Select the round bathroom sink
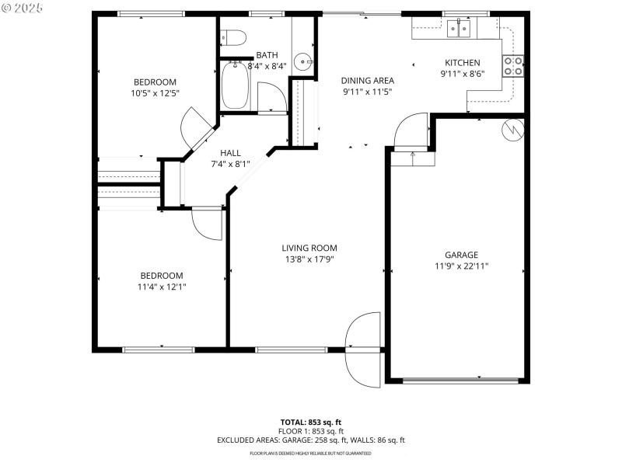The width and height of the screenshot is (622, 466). (309, 64)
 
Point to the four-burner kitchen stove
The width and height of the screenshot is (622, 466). (513, 66)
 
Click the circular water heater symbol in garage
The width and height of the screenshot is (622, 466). (512, 129)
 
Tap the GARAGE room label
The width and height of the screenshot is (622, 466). (461, 255)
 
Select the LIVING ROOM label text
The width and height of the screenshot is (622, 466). (309, 249)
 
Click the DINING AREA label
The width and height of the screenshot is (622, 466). (368, 81)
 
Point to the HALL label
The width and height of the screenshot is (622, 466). (230, 153)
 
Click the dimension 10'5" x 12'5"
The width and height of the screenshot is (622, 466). (155, 93)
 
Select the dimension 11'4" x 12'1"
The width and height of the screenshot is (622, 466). (162, 287)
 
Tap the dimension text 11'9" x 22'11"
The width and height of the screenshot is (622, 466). (461, 266)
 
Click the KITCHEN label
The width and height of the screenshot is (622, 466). (462, 64)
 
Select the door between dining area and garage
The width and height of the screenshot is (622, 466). (411, 132)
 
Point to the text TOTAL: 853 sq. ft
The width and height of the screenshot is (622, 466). (311, 422)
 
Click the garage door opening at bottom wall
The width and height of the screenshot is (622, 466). (460, 380)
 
